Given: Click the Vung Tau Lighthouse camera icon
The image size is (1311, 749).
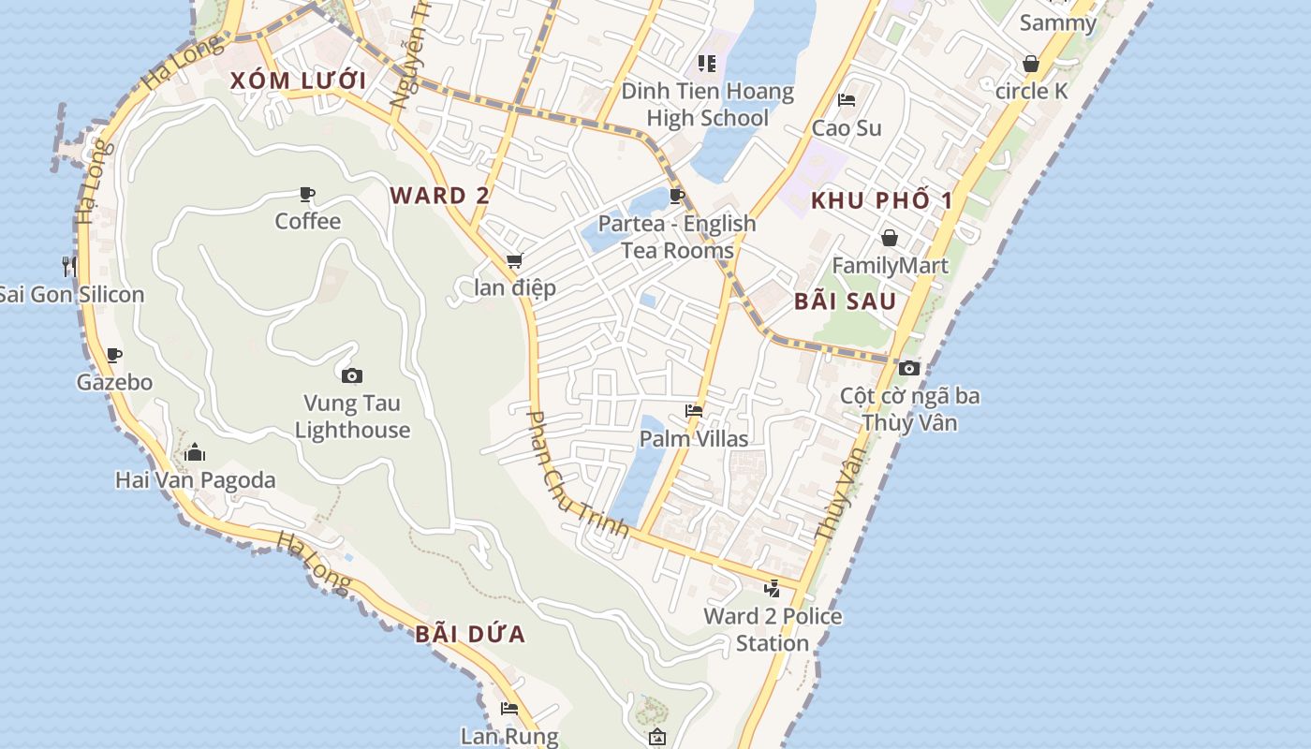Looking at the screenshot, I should point(352,376).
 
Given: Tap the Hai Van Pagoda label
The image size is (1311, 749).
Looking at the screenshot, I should point(195,480).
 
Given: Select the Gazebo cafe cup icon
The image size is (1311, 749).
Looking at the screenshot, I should point(114,355).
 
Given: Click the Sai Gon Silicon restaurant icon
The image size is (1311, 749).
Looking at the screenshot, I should point(69,266).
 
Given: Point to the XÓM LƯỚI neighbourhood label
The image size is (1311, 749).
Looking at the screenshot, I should point(299,81).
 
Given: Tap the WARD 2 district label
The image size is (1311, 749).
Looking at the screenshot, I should point(439,196).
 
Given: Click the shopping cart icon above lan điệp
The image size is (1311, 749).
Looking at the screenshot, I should point(514,261).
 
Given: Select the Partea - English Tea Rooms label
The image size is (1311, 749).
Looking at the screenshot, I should point(677,237).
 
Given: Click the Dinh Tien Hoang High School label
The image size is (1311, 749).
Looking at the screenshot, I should point(708,105).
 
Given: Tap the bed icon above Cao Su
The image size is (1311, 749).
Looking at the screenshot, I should point(847,100).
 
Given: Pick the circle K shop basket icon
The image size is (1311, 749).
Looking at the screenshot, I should point(1031,64).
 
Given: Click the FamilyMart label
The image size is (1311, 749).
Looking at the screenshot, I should point(890,266).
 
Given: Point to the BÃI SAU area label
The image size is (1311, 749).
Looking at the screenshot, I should point(845,301).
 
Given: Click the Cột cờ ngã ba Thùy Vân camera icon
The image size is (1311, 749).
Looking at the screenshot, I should point(909,368).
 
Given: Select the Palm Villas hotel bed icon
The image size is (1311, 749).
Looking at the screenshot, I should point(694,410).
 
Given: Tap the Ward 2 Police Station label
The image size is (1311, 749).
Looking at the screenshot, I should point(773,629).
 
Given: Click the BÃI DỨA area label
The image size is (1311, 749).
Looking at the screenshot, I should point(470,635).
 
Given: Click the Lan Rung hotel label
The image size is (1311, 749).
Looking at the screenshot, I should point(508,737).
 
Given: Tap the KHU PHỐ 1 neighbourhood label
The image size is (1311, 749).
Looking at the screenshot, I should point(881,200).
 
